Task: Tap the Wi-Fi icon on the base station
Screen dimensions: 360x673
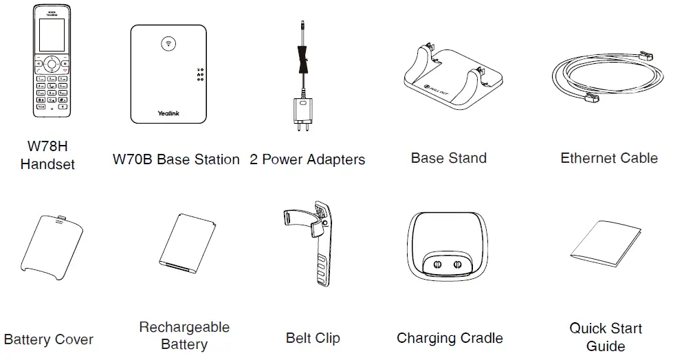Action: [x=167, y=43]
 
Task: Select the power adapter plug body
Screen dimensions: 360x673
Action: [x=300, y=111]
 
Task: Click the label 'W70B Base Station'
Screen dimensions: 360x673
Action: [x=176, y=160]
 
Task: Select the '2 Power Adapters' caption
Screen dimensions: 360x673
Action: [x=307, y=160]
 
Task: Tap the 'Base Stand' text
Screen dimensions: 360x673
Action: [x=448, y=158]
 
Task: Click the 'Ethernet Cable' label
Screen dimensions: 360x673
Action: [x=609, y=158]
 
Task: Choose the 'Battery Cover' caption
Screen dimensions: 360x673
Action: [x=49, y=339]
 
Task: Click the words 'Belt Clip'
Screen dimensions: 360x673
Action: [x=313, y=338]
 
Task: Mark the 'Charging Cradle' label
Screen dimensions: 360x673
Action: [x=450, y=338]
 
